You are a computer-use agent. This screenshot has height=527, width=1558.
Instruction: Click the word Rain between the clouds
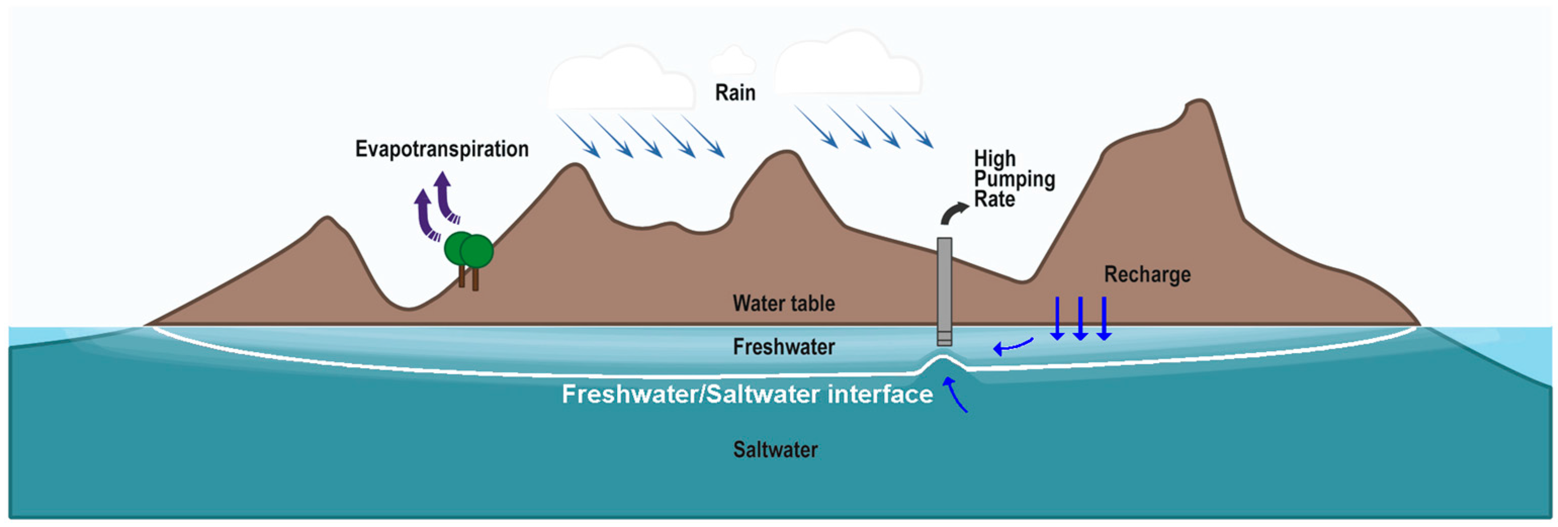pos(735,93)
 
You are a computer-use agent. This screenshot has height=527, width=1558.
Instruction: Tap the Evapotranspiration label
pos(441,149)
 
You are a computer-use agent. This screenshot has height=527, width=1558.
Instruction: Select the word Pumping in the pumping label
pos(1014,179)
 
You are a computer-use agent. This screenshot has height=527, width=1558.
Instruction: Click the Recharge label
pos(1147,275)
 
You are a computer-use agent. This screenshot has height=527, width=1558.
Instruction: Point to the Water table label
pos(783,303)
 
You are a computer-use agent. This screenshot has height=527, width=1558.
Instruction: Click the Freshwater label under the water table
pos(783,347)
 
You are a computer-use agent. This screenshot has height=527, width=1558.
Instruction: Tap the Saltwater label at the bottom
pos(775,450)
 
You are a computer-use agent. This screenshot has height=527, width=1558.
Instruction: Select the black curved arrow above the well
pos(953,213)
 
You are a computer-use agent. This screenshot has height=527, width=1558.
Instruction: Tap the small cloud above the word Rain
pos(733,61)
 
